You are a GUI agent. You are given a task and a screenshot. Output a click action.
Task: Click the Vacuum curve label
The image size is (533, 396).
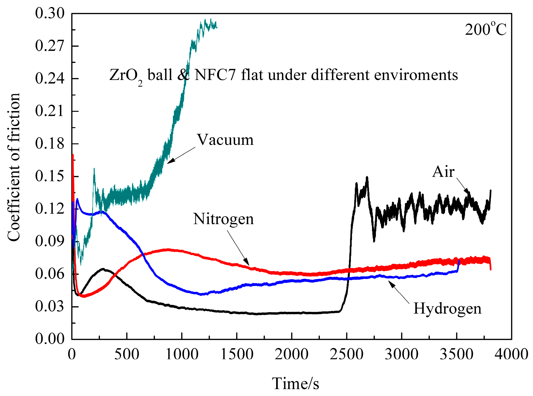(x=225, y=140)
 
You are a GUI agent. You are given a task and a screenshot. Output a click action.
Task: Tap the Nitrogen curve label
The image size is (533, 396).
(x=223, y=219)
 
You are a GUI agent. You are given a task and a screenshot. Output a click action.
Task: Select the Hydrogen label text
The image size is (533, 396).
(x=447, y=309)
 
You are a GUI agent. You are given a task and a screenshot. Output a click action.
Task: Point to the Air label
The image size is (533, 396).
(x=443, y=172)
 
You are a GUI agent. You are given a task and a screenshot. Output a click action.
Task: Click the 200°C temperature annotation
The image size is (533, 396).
(x=485, y=30)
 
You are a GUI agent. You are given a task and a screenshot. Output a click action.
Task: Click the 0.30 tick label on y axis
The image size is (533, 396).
(x=50, y=13)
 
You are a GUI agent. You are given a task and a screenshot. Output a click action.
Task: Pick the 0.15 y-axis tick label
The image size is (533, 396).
(x=50, y=176)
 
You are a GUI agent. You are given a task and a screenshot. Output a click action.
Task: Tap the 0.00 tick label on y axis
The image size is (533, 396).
(x=50, y=339)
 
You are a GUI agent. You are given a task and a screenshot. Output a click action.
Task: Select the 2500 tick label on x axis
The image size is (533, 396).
(x=346, y=354)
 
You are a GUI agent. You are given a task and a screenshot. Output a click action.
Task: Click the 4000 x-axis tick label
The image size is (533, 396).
(x=511, y=354)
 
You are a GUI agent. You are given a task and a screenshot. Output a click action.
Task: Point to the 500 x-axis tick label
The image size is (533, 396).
(x=127, y=354)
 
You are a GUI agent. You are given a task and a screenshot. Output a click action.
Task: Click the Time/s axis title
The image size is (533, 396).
(x=295, y=384)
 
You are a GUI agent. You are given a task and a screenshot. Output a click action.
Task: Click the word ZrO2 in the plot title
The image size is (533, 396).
(x=126, y=76)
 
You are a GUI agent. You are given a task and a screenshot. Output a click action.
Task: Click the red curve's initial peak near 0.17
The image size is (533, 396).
(x=73, y=155)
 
